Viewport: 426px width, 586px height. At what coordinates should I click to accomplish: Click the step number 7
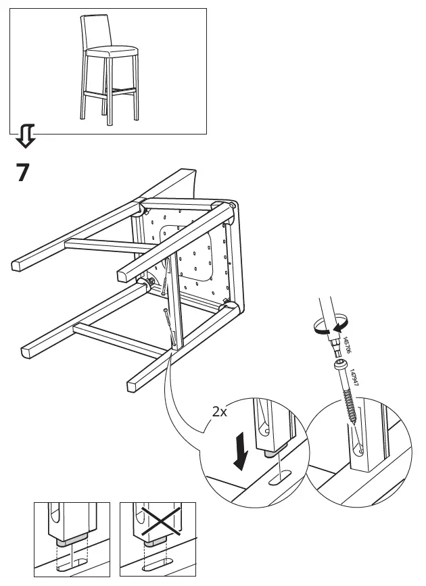[x=22, y=172]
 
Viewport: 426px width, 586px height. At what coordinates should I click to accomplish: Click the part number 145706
[x=346, y=344]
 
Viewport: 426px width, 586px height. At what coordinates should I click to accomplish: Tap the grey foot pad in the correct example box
[x=70, y=540]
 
